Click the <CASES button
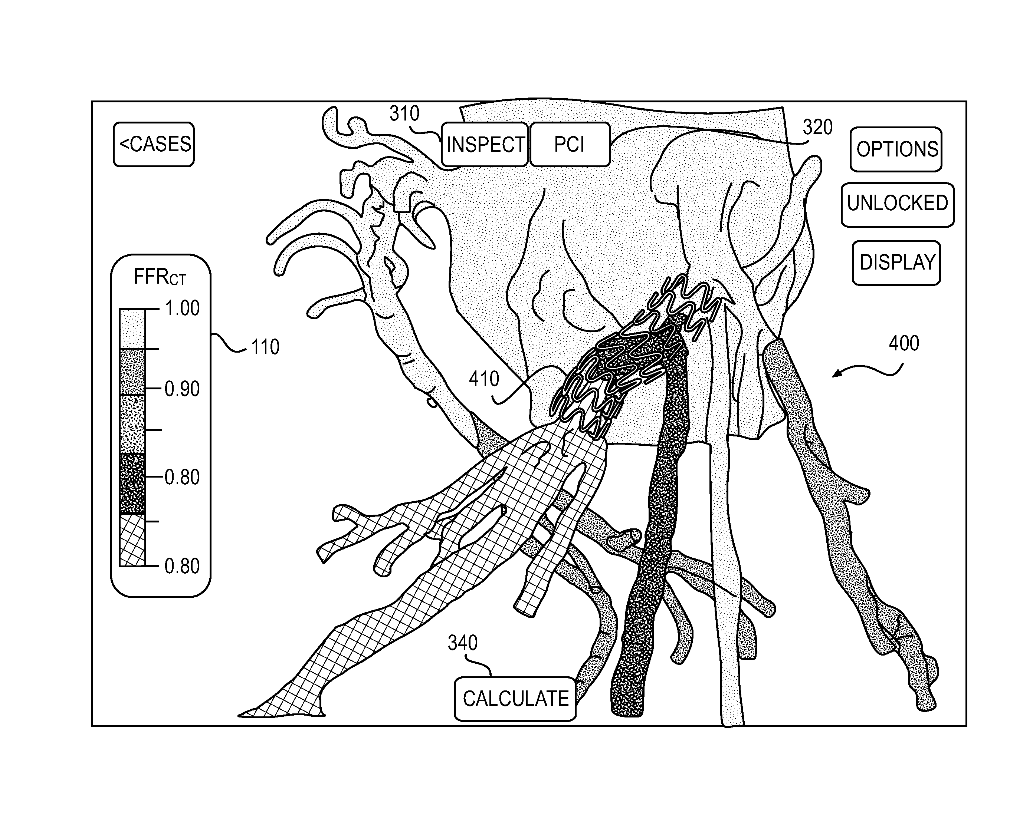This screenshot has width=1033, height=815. [x=154, y=144]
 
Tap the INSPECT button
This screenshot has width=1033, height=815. [x=485, y=145]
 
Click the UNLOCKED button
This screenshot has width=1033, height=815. [x=897, y=204]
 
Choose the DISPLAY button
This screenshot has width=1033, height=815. [x=896, y=263]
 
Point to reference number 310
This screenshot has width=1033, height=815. [x=404, y=113]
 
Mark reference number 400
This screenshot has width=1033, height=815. [x=904, y=344]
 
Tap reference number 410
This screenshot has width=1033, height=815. [x=484, y=379]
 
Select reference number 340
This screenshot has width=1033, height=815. [x=462, y=643]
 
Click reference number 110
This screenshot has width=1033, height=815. [x=265, y=347]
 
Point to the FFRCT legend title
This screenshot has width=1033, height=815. [x=160, y=277]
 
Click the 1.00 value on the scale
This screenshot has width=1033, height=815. [x=182, y=309]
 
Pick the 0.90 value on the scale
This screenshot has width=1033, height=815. [x=182, y=389]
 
